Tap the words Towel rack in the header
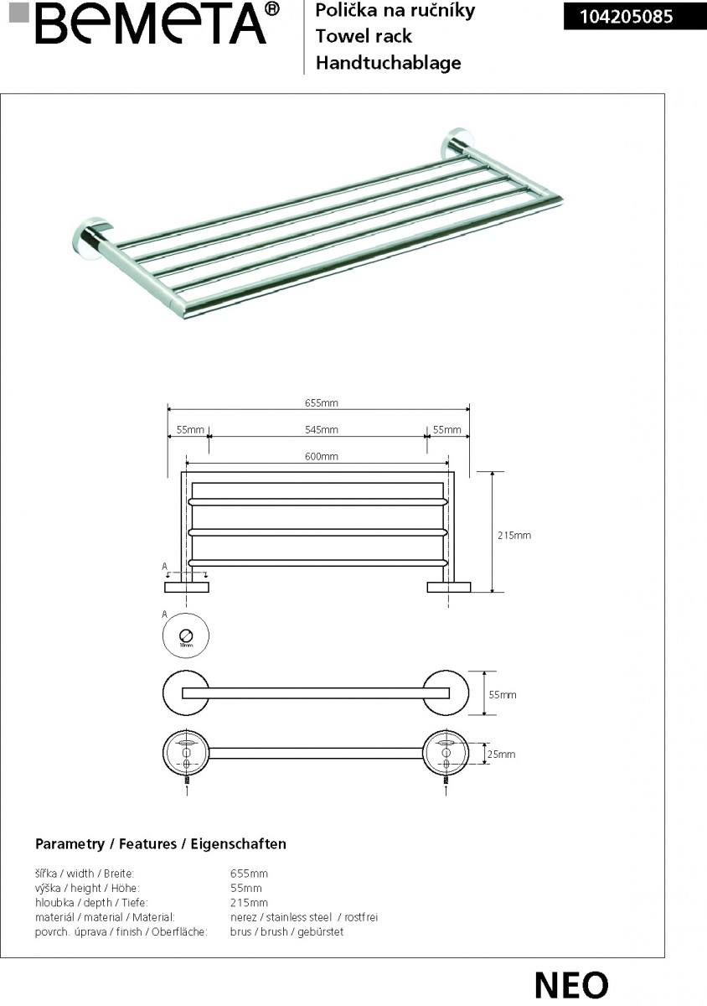pyautogui.click(x=364, y=37)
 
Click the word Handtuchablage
pyautogui.click(x=388, y=63)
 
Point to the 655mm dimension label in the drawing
pyautogui.click(x=321, y=403)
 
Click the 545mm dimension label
pyautogui.click(x=321, y=430)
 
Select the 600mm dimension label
pyautogui.click(x=321, y=457)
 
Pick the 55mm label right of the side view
pyautogui.click(x=503, y=695)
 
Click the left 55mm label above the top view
pyautogui.click(x=190, y=430)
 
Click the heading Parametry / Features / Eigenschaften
pyautogui.click(x=161, y=844)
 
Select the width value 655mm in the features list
pyautogui.click(x=249, y=874)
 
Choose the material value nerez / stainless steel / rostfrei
pyautogui.click(x=303, y=917)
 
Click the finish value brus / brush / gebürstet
pyautogui.click(x=286, y=931)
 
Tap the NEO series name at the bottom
pyautogui.click(x=571, y=985)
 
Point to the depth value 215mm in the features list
pyautogui.click(x=249, y=903)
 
